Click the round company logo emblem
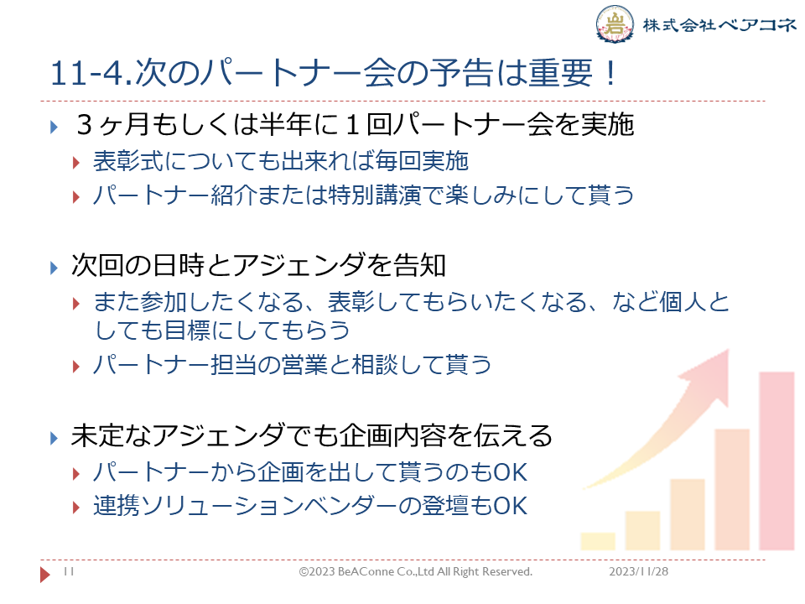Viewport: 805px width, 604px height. [615, 23]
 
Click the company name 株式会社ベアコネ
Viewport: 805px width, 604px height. [719, 24]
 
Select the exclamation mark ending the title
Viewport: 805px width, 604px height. [610, 73]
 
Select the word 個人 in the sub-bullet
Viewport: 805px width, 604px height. [683, 301]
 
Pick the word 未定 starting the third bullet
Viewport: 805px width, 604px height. [97, 435]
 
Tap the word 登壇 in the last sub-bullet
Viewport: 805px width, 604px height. [444, 505]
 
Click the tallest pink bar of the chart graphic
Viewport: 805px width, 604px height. [776, 461]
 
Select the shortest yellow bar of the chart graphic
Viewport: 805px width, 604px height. [598, 541]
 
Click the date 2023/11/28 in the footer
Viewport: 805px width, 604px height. [639, 571]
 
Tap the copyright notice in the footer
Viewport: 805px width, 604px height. [416, 571]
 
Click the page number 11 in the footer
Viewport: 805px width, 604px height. [69, 571]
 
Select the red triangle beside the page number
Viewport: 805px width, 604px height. [45, 574]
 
